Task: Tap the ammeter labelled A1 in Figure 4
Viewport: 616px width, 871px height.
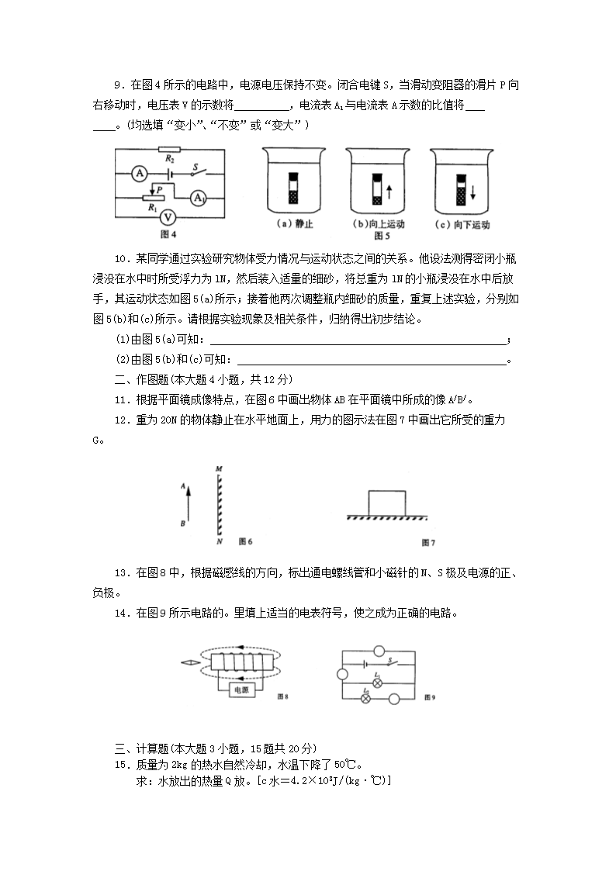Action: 199,199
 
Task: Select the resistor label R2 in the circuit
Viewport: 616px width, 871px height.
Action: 168,157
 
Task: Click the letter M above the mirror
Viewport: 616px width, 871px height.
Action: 220,468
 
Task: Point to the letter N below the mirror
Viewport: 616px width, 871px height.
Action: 220,541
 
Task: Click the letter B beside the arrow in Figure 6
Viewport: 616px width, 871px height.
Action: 182,524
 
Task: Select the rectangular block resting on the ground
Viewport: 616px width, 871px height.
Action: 386,502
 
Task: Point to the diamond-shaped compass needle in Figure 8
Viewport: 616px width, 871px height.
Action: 189,662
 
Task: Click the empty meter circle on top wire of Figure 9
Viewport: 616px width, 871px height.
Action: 379,650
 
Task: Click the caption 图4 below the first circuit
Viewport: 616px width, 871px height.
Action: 168,234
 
